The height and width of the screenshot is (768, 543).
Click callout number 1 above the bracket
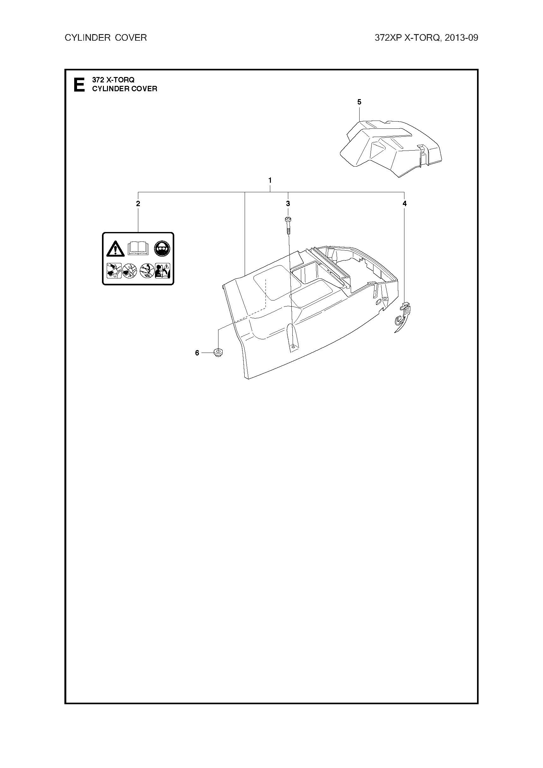[270, 180]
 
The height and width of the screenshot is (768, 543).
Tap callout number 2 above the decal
[138, 203]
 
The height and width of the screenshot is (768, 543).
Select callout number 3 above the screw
[288, 203]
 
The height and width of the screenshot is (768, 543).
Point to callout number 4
[404, 203]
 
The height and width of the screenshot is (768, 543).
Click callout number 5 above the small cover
[359, 102]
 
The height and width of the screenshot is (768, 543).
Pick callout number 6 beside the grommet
[197, 353]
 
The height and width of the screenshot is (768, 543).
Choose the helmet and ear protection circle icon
[162, 248]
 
